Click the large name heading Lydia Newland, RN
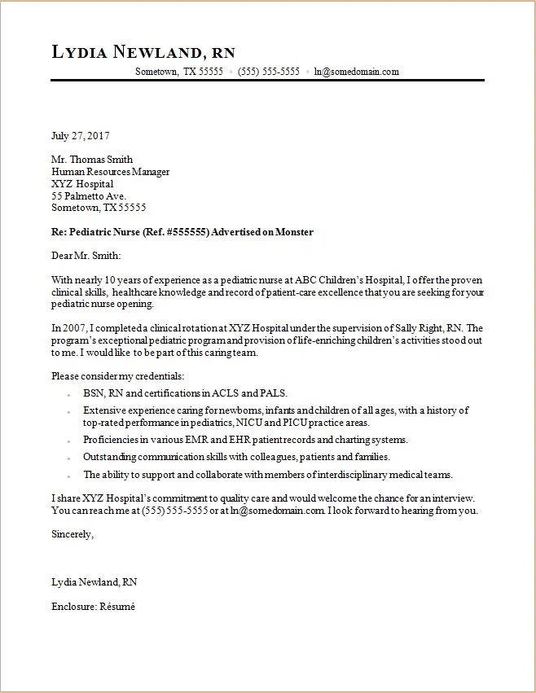pyautogui.click(x=143, y=52)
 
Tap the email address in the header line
pyautogui.click(x=357, y=72)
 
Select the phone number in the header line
pyautogui.click(x=269, y=72)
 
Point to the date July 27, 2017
pyautogui.click(x=80, y=136)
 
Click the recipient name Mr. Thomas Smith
pyautogui.click(x=92, y=160)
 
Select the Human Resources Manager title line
pyautogui.click(x=110, y=172)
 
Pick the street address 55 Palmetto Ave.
pyautogui.click(x=88, y=196)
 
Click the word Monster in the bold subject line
pyautogui.click(x=294, y=232)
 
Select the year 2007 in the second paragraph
pyautogui.click(x=74, y=328)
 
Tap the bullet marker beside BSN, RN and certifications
pyautogui.click(x=71, y=393)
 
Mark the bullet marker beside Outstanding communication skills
pyautogui.click(x=71, y=458)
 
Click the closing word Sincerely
pyautogui.click(x=72, y=535)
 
